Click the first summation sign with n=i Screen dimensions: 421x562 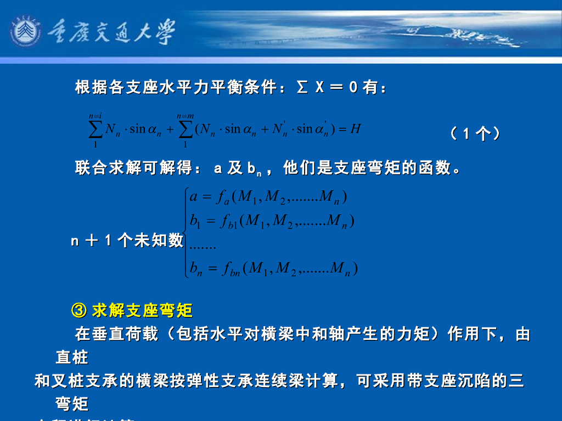pyautogui.click(x=95, y=129)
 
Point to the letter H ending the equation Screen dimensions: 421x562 pyautogui.click(x=355, y=129)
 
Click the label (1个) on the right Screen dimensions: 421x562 pyautogui.click(x=475, y=133)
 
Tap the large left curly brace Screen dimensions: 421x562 pyautogui.click(x=187, y=232)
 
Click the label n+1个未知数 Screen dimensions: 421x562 pyautogui.click(x=127, y=240)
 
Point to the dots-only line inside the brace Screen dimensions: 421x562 pyautogui.click(x=203, y=247)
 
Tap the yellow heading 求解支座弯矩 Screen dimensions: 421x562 pyautogui.click(x=142, y=311)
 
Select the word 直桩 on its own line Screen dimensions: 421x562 pyautogui.click(x=72, y=358)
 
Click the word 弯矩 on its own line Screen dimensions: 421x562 pyautogui.click(x=72, y=405)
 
